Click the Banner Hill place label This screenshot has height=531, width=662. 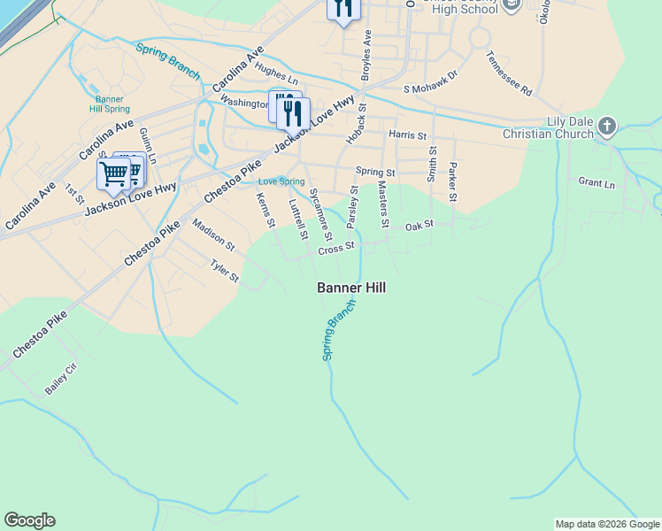tap(351, 288)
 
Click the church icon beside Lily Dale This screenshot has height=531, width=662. tap(607, 126)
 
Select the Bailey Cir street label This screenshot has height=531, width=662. tap(61, 378)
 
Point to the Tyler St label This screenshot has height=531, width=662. tap(224, 271)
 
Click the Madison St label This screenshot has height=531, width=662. tap(213, 235)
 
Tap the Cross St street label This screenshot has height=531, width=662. tap(336, 250)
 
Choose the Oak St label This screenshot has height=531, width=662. tap(419, 227)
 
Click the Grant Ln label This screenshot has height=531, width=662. tap(597, 183)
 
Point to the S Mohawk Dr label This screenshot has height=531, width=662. tap(430, 88)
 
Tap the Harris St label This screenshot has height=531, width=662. tap(407, 136)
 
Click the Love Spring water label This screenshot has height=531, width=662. tap(274, 181)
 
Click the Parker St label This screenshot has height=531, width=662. tap(453, 180)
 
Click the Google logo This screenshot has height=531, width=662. tap(29, 520)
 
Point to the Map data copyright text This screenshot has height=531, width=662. tap(607, 524)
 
